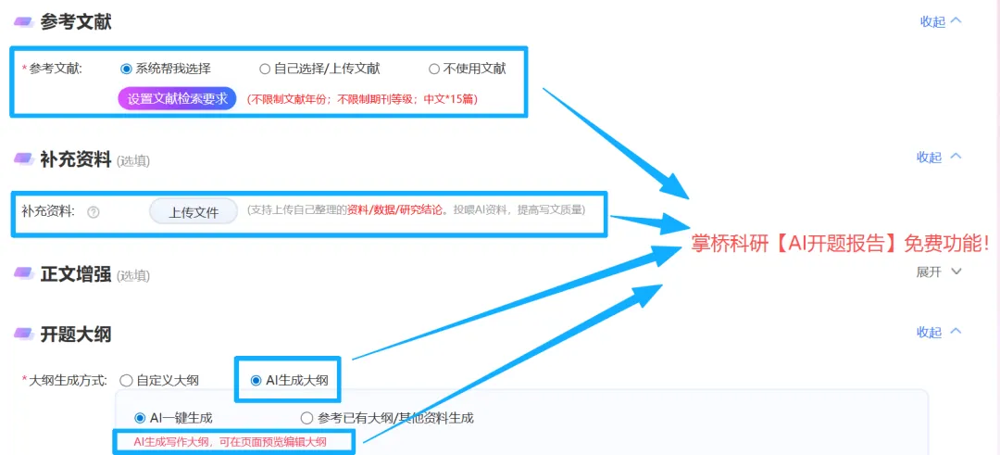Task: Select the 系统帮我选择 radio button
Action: pyautogui.click(x=127, y=69)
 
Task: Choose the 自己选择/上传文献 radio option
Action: pyautogui.click(x=265, y=69)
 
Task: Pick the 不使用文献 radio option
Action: pyautogui.click(x=434, y=69)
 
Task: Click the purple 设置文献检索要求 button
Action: pyautogui.click(x=178, y=99)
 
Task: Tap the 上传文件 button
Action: pyautogui.click(x=194, y=212)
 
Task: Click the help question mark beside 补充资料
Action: pyautogui.click(x=93, y=212)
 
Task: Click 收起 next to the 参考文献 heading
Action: pyautogui.click(x=940, y=21)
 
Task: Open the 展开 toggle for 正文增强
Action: pyautogui.click(x=939, y=272)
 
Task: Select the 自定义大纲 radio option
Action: pyautogui.click(x=126, y=380)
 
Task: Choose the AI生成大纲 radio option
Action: pyautogui.click(x=256, y=380)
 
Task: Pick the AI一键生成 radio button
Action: pyautogui.click(x=141, y=418)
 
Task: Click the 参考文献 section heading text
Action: pyautogui.click(x=76, y=22)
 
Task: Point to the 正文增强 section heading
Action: pyautogui.click(x=76, y=274)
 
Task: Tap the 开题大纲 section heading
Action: pyautogui.click(x=76, y=334)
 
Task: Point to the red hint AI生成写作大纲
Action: pyautogui.click(x=231, y=442)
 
